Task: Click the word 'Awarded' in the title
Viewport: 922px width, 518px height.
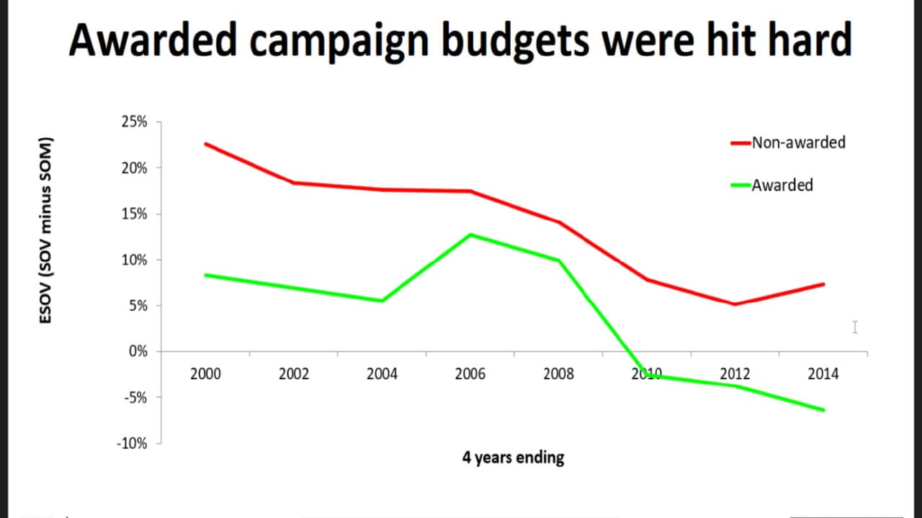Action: [x=153, y=40]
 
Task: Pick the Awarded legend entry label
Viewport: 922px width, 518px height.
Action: [x=782, y=186]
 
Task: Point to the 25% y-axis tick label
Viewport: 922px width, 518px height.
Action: [x=134, y=122]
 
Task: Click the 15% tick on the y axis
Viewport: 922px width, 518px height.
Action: [x=134, y=214]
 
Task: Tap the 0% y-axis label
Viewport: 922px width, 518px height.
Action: [x=138, y=352]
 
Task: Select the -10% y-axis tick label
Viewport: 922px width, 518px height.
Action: [x=132, y=444]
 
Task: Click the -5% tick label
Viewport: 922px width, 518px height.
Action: [x=135, y=398]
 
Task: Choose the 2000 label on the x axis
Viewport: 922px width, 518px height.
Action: [x=205, y=374]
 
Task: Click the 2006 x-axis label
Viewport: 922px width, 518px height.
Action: [x=470, y=374]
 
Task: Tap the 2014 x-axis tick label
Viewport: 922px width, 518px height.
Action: [x=823, y=374]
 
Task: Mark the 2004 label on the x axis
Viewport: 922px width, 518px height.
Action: [x=382, y=374]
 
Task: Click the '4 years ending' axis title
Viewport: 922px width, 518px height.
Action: [x=514, y=458]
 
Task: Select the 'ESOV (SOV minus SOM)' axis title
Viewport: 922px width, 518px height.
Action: [x=45, y=230]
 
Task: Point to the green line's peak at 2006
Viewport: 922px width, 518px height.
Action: [x=470, y=235]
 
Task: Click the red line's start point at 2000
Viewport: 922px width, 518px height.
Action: [x=205, y=144]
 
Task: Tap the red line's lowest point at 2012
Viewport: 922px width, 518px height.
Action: [x=735, y=304]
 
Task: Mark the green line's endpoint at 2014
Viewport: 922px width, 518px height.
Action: [x=823, y=410]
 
